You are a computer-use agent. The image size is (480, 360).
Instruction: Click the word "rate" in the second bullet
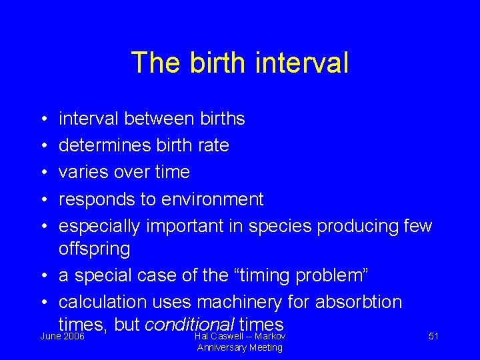coord(213,145)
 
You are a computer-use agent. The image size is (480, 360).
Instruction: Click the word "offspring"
coord(95,250)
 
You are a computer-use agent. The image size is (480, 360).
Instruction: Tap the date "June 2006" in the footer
coord(63,336)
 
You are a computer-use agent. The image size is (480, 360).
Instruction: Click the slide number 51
coord(433,336)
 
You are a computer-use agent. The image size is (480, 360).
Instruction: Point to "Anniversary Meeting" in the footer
coord(239,347)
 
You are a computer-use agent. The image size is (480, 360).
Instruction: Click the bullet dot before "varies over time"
coord(42,173)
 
